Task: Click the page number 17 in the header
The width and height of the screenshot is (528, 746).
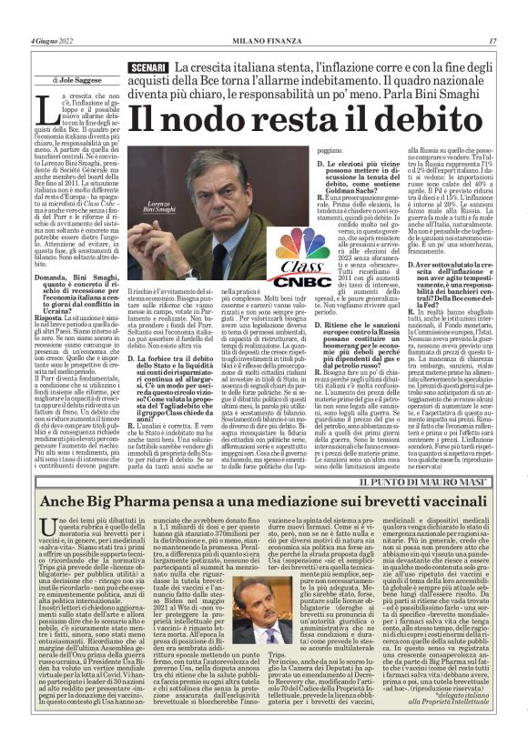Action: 492,41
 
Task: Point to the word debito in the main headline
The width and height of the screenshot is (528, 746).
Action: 399,121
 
